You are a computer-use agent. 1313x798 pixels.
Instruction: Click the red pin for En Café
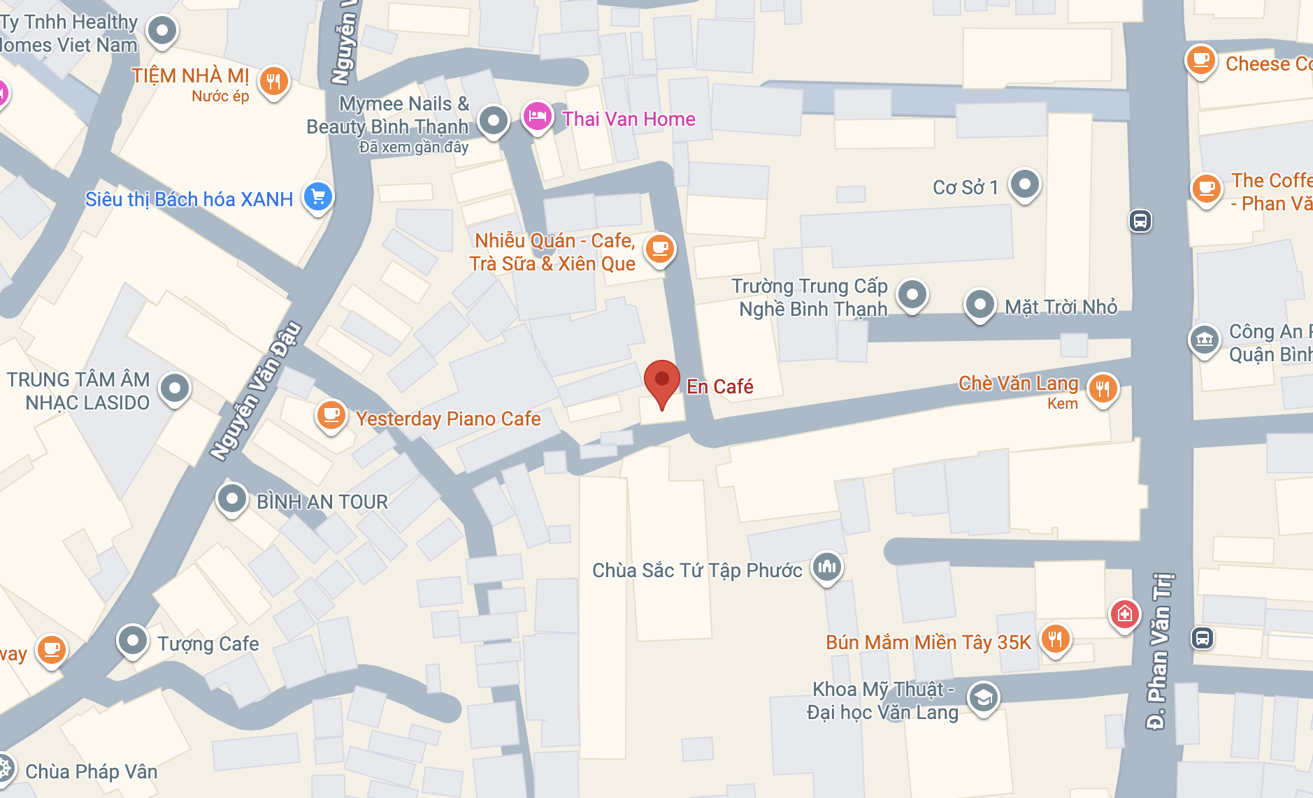click(x=661, y=381)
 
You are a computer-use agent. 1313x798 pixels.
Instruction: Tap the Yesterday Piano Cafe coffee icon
click(x=331, y=415)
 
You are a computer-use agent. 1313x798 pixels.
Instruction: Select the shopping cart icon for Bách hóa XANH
click(x=318, y=196)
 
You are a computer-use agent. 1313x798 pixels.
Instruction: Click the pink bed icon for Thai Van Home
click(x=537, y=116)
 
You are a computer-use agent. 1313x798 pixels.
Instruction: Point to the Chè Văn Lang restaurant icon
click(x=1103, y=388)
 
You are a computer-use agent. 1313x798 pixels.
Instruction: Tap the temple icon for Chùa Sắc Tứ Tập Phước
click(x=826, y=566)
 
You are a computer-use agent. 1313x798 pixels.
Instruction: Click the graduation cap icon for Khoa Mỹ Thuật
click(x=983, y=697)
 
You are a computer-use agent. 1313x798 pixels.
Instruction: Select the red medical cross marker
click(x=1124, y=614)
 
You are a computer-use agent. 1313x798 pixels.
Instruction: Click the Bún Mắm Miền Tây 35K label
click(x=928, y=642)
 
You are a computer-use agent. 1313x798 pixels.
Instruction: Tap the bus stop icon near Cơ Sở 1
click(x=1140, y=222)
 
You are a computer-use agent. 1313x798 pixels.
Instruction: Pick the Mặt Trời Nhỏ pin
click(x=980, y=305)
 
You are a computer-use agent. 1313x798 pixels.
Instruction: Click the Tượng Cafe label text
click(x=208, y=644)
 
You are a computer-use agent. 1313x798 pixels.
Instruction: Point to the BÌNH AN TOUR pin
click(x=231, y=499)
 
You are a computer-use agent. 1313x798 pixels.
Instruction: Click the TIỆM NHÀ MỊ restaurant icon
click(x=274, y=82)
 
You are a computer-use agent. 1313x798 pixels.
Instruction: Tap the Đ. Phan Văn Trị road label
click(x=1158, y=650)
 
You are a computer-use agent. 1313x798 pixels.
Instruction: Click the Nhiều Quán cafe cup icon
click(x=659, y=247)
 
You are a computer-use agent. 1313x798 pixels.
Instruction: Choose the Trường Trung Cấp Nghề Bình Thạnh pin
click(x=912, y=294)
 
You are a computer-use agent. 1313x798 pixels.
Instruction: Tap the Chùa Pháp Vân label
click(x=92, y=771)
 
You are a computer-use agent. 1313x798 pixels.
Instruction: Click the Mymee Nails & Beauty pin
click(x=493, y=120)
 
